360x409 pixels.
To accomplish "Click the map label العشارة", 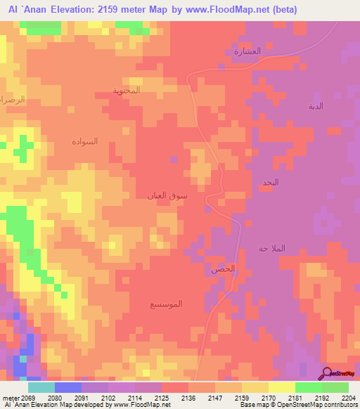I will (x=247, y=51).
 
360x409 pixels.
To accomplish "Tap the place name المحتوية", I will (x=127, y=91).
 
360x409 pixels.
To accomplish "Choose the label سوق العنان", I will (x=167, y=196).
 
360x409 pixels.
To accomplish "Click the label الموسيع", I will (x=167, y=304).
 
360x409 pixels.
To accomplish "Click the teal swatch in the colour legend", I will (x=41, y=387).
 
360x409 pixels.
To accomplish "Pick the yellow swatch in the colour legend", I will (x=281, y=387).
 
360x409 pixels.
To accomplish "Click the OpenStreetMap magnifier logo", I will (x=327, y=372).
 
